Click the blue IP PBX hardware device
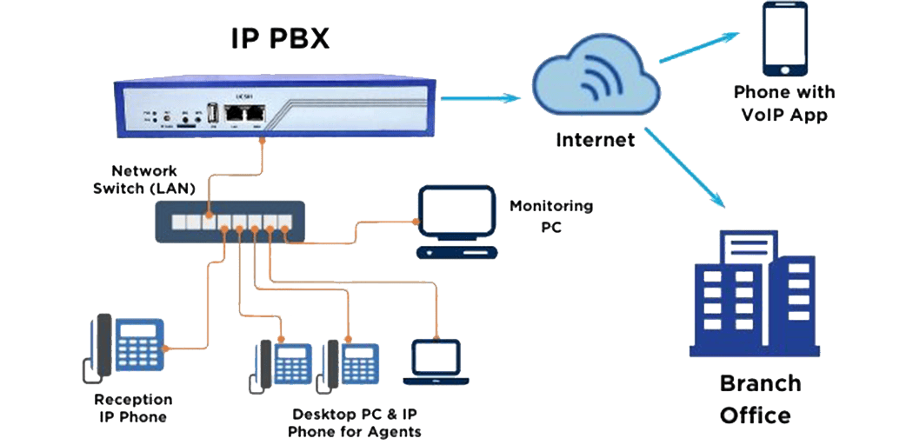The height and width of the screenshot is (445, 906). [x=274, y=110]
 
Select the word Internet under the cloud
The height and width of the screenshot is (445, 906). [x=595, y=138]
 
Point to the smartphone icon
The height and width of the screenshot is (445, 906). [x=783, y=40]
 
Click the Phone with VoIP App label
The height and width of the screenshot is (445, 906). [x=784, y=103]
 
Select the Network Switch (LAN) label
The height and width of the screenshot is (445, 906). [x=143, y=179]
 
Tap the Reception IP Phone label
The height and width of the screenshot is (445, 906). [x=133, y=408]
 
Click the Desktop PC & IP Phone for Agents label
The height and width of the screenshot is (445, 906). [x=355, y=422]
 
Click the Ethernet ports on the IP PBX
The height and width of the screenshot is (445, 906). [x=244, y=114]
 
